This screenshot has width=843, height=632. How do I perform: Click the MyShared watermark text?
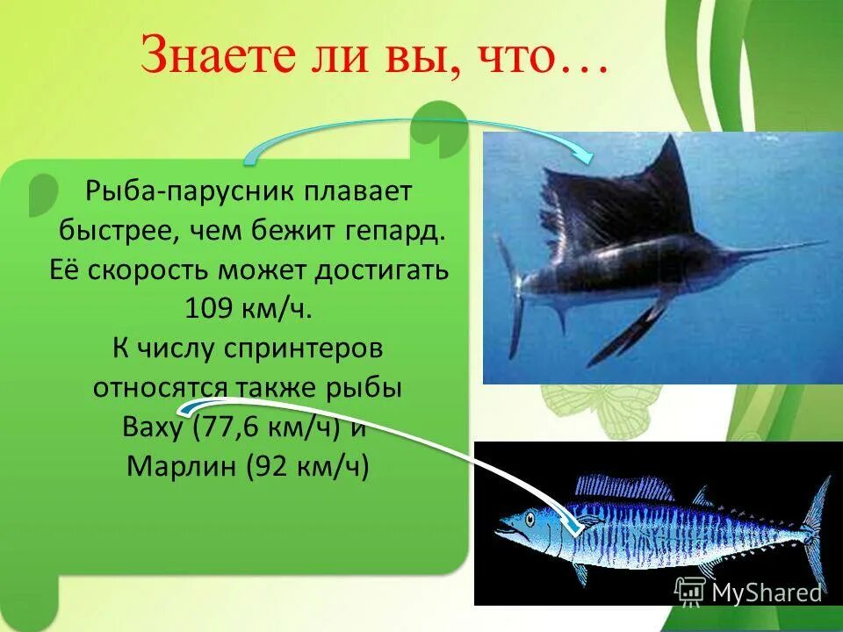pyautogui.click(x=766, y=593)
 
